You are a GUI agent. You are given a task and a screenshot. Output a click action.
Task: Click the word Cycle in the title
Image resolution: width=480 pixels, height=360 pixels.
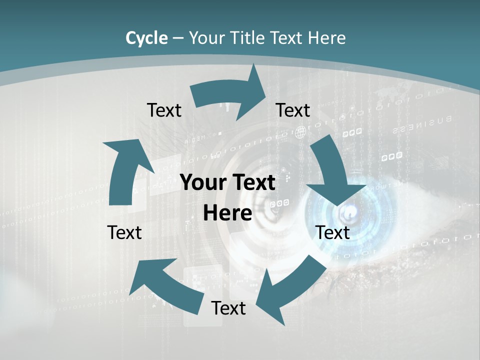tap(146, 38)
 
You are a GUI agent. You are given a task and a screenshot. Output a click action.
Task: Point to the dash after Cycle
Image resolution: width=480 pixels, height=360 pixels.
tap(178, 38)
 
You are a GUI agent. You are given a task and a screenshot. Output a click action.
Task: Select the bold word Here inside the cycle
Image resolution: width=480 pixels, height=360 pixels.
tap(227, 213)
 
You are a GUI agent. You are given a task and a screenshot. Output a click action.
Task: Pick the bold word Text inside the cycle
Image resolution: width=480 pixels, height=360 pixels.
tap(252, 183)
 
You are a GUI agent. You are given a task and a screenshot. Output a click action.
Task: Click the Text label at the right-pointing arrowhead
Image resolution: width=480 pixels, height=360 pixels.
tap(293, 110)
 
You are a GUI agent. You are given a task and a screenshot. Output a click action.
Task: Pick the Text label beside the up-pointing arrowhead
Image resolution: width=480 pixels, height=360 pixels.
tap(164, 110)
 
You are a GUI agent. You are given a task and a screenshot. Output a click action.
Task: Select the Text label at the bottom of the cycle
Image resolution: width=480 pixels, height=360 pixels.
tap(228, 308)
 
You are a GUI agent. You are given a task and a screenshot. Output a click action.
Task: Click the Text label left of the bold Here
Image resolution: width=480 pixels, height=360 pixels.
tap(124, 232)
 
